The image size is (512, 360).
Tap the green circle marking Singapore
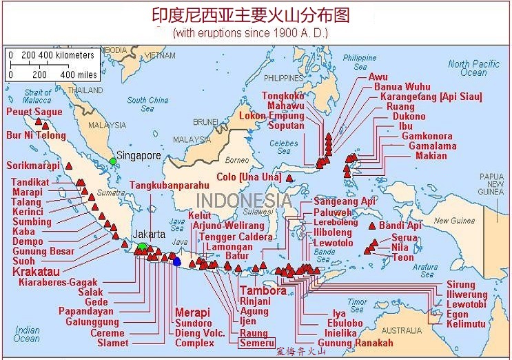coord(113,161)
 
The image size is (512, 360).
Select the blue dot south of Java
coord(177,261)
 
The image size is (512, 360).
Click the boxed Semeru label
coord(256,343)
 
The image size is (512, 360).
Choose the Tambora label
coord(263,290)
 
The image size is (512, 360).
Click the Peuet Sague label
coord(34,112)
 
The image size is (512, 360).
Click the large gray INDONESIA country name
coord(244,201)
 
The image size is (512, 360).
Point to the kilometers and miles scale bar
coord(52,64)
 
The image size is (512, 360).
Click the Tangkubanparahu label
coord(170,184)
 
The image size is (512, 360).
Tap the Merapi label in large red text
coord(192,312)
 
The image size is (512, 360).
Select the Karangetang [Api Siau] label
coord(431,97)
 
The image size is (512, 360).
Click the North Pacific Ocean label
coord(468,68)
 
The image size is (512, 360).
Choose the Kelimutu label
coord(466,323)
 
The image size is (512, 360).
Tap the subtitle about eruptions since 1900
coord(250,32)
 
